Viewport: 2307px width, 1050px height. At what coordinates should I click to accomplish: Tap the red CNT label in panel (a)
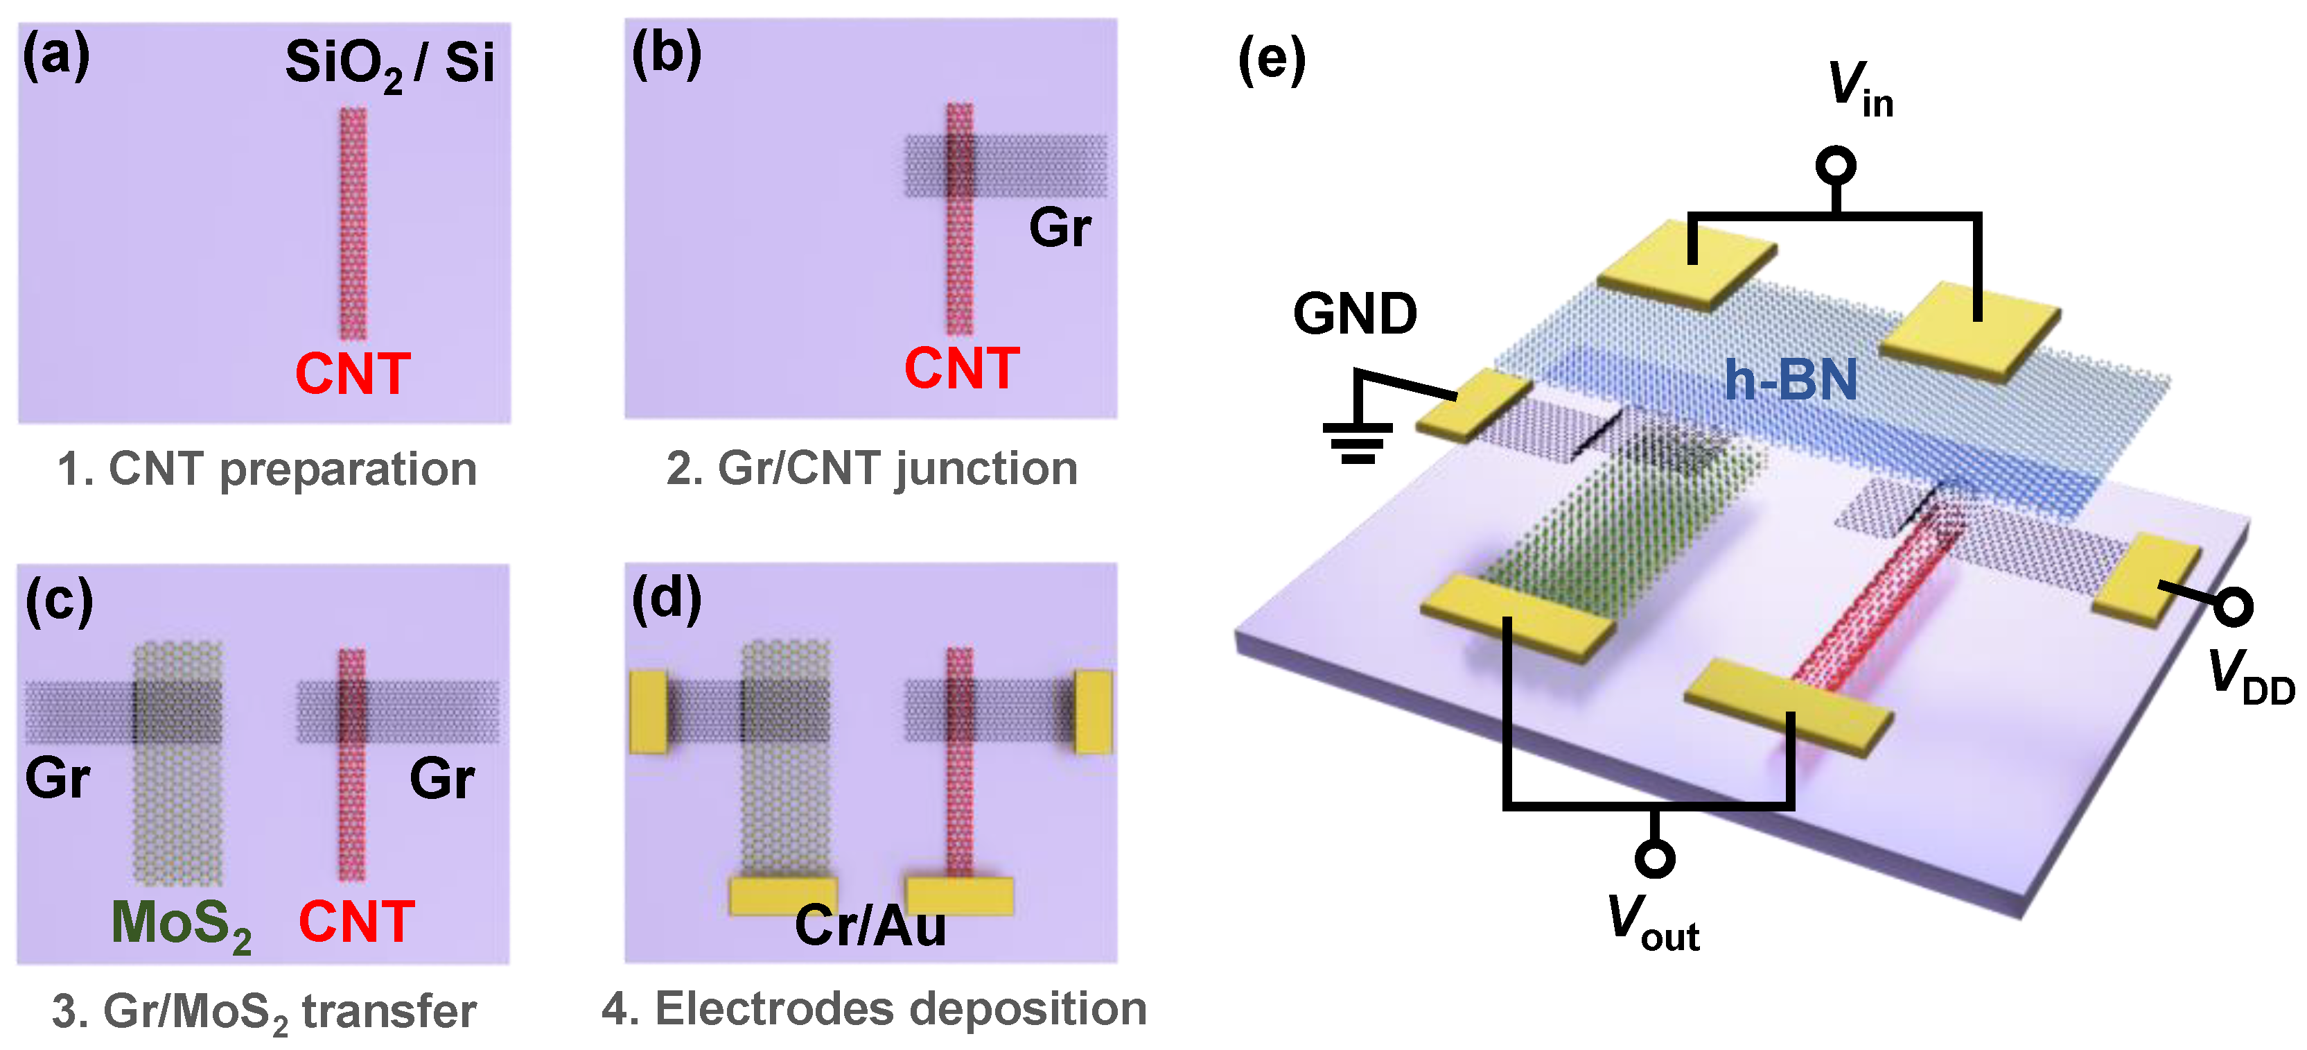click(x=353, y=374)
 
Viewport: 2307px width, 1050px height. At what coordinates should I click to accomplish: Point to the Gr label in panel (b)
click(x=1060, y=227)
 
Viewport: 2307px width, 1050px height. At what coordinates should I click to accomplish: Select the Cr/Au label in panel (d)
click(x=870, y=925)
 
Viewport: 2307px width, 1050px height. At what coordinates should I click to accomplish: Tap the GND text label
click(x=1354, y=314)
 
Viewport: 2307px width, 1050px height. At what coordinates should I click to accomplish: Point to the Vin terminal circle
click(x=1835, y=166)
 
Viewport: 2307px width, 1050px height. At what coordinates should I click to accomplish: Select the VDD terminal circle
click(x=2234, y=608)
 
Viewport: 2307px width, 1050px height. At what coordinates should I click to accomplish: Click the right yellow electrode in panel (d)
click(x=1094, y=710)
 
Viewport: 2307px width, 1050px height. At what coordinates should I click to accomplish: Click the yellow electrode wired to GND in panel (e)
click(x=1473, y=405)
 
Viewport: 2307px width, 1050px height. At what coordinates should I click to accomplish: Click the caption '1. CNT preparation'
click(x=266, y=470)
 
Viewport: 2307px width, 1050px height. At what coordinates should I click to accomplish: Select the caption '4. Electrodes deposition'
click(x=874, y=1009)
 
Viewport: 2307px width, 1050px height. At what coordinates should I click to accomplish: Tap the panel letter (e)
click(x=1271, y=61)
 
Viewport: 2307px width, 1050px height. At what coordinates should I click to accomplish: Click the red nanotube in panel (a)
click(x=353, y=224)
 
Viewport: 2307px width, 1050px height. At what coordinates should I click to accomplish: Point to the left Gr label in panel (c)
click(x=58, y=777)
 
